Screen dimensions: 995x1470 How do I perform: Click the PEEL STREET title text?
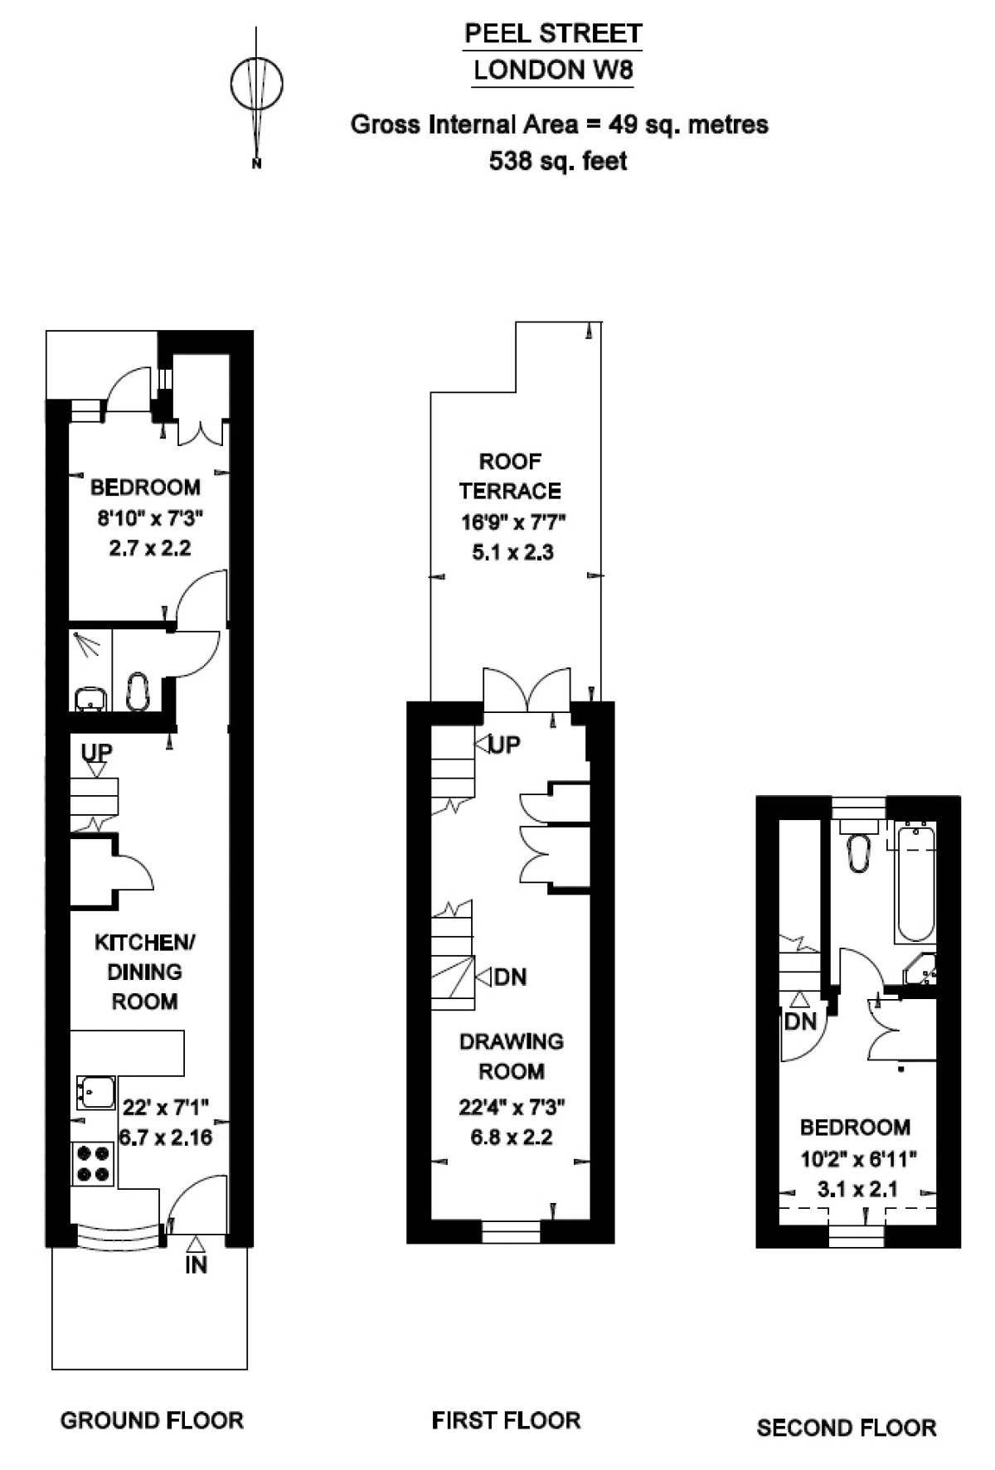click(553, 34)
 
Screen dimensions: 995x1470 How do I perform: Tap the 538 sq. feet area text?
click(558, 160)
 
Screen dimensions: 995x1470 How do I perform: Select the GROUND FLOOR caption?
click(152, 1420)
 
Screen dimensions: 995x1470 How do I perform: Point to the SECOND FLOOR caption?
click(847, 1428)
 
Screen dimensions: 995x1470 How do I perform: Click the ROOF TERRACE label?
click(511, 476)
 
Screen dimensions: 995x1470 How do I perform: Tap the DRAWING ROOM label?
click(512, 1056)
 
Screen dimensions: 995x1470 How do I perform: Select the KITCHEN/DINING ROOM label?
click(145, 971)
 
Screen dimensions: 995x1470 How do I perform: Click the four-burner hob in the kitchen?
click(93, 1163)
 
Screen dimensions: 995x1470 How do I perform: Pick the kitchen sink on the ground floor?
click(96, 1092)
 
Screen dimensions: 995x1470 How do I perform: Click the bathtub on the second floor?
click(915, 882)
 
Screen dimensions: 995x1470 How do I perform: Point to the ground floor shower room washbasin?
click(90, 699)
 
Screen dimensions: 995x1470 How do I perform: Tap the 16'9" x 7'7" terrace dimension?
click(513, 522)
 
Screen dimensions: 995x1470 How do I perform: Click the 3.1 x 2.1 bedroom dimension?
click(857, 1190)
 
